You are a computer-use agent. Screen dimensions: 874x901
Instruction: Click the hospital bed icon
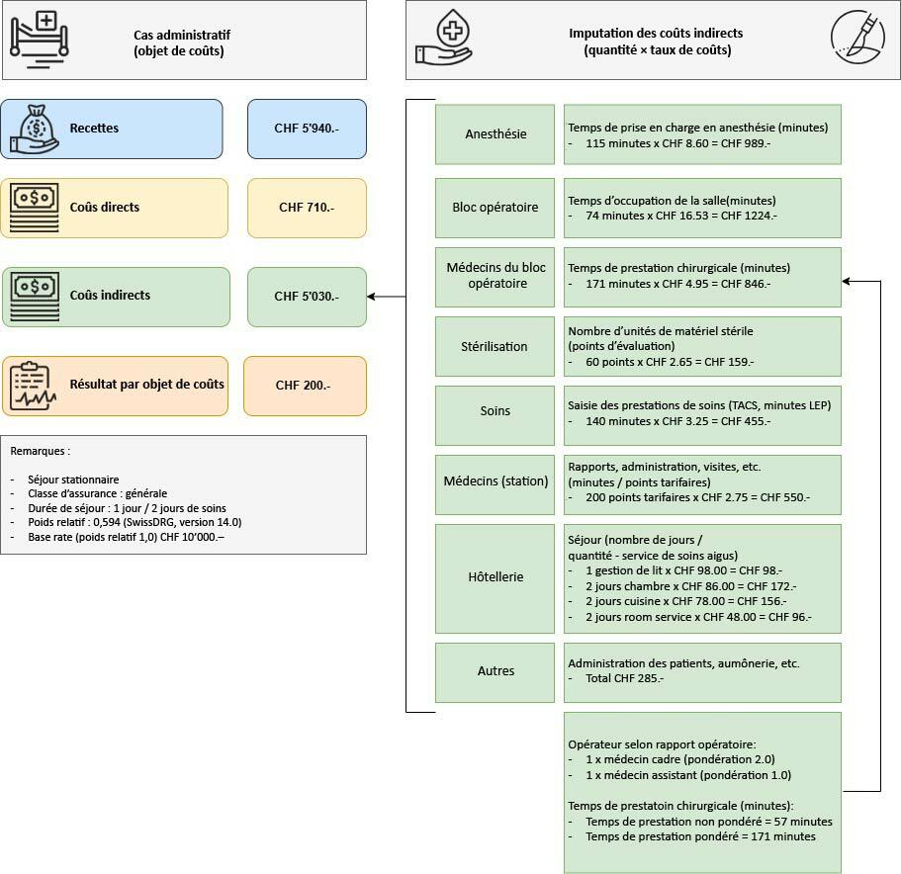(41, 37)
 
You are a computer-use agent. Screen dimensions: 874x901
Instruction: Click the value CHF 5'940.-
(307, 129)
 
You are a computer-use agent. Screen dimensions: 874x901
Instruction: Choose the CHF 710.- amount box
(307, 208)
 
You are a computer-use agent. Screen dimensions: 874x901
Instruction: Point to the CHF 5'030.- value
(307, 297)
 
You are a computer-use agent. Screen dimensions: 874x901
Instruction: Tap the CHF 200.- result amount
(304, 386)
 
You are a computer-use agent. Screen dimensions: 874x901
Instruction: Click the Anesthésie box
(496, 134)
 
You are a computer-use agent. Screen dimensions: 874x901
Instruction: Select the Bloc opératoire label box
(496, 208)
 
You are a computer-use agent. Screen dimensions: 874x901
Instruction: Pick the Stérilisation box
(496, 347)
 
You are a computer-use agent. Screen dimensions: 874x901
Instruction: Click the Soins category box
(496, 411)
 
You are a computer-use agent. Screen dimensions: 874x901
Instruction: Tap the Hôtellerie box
(496, 577)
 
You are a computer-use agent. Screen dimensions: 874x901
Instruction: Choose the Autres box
(496, 671)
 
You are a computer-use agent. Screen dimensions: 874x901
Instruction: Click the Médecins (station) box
(496, 481)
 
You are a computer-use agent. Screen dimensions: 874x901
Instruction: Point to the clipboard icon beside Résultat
(34, 386)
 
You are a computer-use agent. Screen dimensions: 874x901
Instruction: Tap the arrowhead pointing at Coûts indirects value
(371, 297)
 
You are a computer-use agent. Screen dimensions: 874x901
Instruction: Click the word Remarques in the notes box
(40, 451)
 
